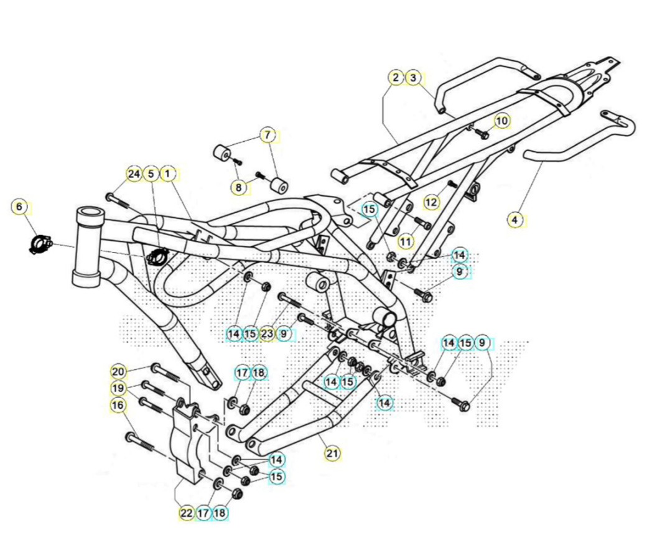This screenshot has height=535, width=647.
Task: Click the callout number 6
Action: tap(19, 207)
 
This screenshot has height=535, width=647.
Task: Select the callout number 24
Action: tap(134, 174)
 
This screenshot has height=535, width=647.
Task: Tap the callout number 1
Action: tap(167, 174)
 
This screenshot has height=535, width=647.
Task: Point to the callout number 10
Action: tap(502, 121)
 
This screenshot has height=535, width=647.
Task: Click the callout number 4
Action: tap(514, 220)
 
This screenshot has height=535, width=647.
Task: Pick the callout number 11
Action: tap(406, 241)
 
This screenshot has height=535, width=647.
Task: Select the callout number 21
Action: tap(332, 454)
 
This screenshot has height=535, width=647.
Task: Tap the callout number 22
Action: tap(187, 513)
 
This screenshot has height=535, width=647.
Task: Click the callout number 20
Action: tap(118, 371)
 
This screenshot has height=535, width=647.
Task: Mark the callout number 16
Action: tap(118, 405)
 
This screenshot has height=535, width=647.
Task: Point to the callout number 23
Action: tap(267, 333)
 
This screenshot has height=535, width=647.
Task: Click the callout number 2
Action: tap(396, 77)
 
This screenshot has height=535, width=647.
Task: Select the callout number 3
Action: tap(414, 77)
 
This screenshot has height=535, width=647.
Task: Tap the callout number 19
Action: tap(118, 388)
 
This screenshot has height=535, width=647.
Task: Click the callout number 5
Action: tap(151, 174)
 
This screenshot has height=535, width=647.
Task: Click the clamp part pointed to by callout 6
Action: tap(40, 243)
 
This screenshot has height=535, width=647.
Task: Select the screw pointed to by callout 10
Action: tap(482, 133)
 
